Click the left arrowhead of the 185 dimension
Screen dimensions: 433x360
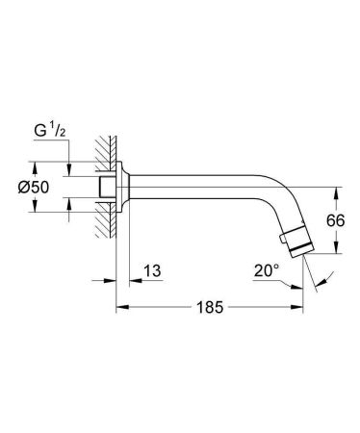(x=120, y=308)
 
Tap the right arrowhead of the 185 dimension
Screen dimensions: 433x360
(x=298, y=308)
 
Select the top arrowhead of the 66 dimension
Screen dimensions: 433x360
(x=335, y=190)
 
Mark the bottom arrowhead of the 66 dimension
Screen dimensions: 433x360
(x=335, y=252)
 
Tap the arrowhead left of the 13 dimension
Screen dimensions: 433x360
(x=112, y=280)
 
